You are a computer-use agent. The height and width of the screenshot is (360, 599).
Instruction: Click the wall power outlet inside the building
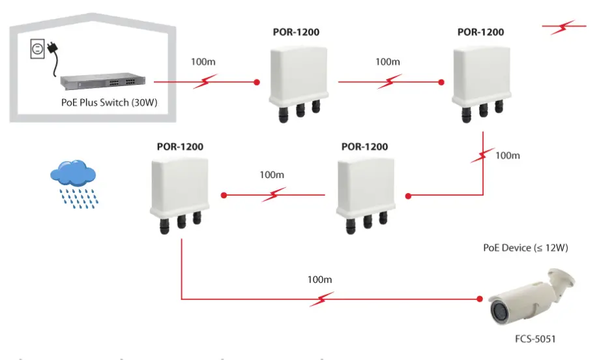(37, 50)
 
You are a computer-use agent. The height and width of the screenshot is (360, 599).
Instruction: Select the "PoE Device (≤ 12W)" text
(525, 248)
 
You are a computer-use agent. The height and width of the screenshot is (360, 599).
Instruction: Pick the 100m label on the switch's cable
(202, 63)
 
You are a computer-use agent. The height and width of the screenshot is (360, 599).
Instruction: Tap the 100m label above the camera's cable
(320, 280)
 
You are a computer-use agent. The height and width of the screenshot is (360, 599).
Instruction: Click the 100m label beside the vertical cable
(508, 155)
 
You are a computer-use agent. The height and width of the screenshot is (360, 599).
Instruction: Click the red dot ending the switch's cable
(256, 82)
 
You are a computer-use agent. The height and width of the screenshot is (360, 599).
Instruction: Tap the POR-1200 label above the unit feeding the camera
(180, 146)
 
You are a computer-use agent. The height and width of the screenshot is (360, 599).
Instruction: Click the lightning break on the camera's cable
(321, 299)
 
